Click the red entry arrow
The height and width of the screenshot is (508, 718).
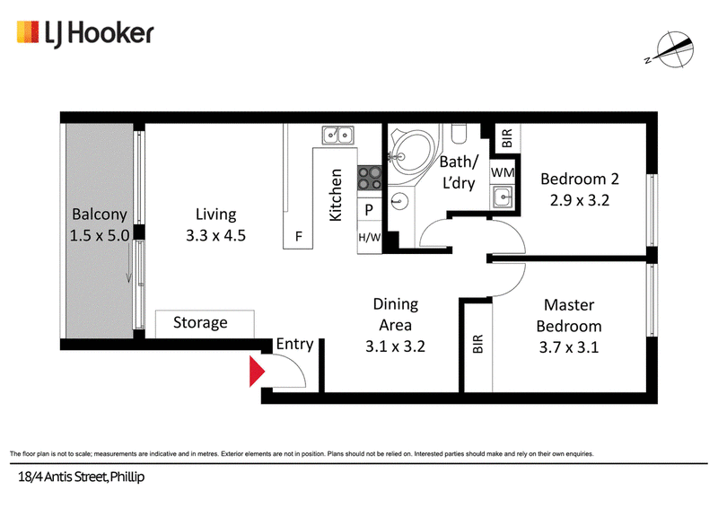tap(257, 371)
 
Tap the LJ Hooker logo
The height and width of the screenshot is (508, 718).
tap(85, 34)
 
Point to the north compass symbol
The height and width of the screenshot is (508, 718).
tap(671, 50)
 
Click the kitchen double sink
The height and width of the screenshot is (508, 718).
tap(337, 136)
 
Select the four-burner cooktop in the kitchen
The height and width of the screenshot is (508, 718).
tap(370, 178)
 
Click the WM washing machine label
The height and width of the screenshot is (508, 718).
tap(503, 172)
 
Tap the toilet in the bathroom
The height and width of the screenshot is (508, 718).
tap(459, 134)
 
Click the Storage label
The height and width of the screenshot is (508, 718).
tap(200, 323)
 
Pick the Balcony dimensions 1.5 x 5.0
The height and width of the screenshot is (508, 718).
tap(100, 235)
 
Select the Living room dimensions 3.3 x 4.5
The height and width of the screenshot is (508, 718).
tap(215, 235)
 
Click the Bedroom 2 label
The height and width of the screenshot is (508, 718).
tap(580, 179)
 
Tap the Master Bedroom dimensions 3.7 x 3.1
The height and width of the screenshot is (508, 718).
tap(569, 347)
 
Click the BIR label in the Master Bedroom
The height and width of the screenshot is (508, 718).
tap(477, 344)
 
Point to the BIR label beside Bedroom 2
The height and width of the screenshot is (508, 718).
tap(506, 138)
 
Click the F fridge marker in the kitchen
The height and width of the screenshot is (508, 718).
tap(299, 236)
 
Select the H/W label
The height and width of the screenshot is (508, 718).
tap(369, 237)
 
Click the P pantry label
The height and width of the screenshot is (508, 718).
tap(369, 210)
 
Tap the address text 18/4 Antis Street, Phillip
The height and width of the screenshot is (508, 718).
tap(81, 477)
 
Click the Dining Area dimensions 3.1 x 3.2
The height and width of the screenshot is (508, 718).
tap(395, 346)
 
